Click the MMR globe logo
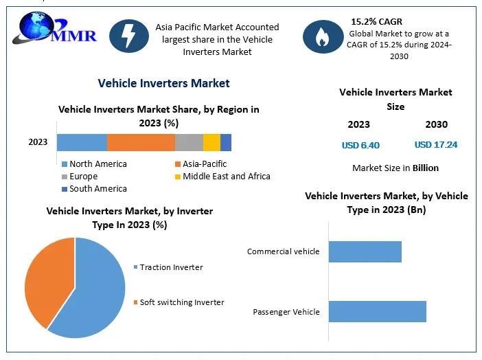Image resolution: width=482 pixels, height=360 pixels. (54, 28)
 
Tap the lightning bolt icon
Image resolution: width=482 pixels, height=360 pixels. (129, 36)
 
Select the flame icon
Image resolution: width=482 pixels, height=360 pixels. (323, 36)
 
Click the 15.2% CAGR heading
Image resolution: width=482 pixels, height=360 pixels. (376, 21)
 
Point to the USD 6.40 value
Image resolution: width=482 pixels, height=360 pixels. (360, 145)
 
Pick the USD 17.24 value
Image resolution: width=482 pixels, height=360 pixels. (436, 144)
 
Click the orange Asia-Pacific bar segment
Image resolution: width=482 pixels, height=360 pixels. (141, 142)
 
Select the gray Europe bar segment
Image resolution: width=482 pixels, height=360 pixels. (189, 142)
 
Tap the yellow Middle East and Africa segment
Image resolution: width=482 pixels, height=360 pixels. (211, 142)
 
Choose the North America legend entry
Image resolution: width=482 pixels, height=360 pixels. (94, 164)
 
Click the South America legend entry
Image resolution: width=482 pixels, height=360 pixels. (94, 189)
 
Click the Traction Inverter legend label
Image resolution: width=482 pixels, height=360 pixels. (171, 267)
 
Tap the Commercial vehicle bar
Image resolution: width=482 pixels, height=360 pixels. (365, 251)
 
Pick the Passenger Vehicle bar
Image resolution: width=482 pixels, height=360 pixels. (378, 312)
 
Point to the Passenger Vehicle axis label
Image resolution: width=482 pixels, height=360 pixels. (286, 312)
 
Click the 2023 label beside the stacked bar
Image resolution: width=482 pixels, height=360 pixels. (38, 142)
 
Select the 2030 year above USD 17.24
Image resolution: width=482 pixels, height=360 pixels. (437, 124)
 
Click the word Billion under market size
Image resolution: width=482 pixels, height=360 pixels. (426, 168)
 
